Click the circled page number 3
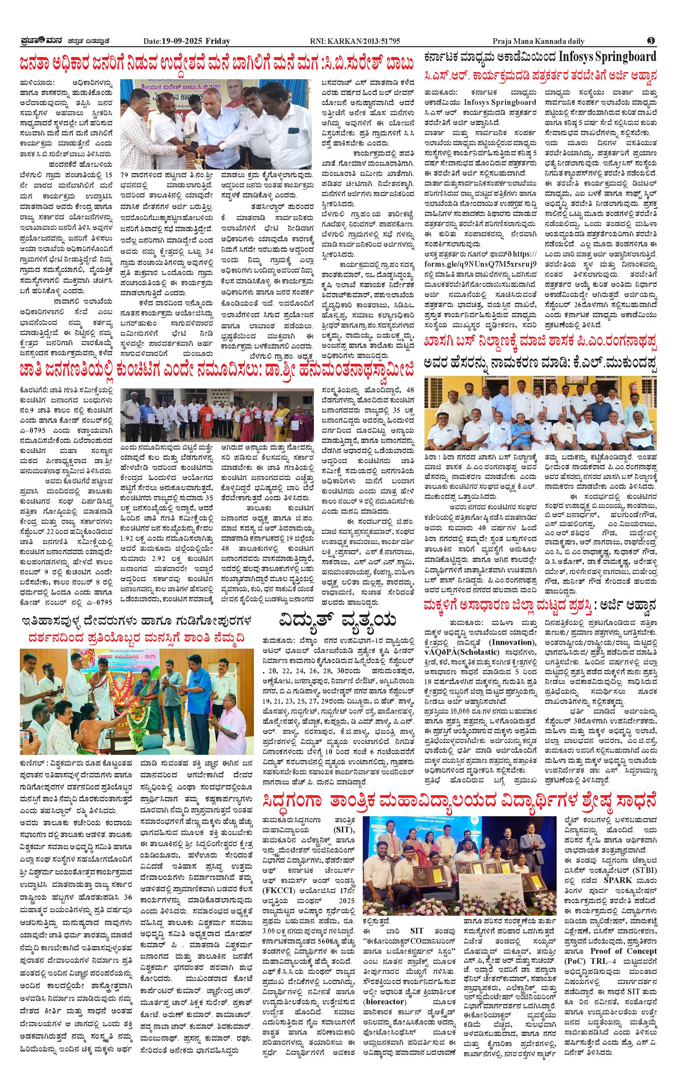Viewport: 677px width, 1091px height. point(651,41)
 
